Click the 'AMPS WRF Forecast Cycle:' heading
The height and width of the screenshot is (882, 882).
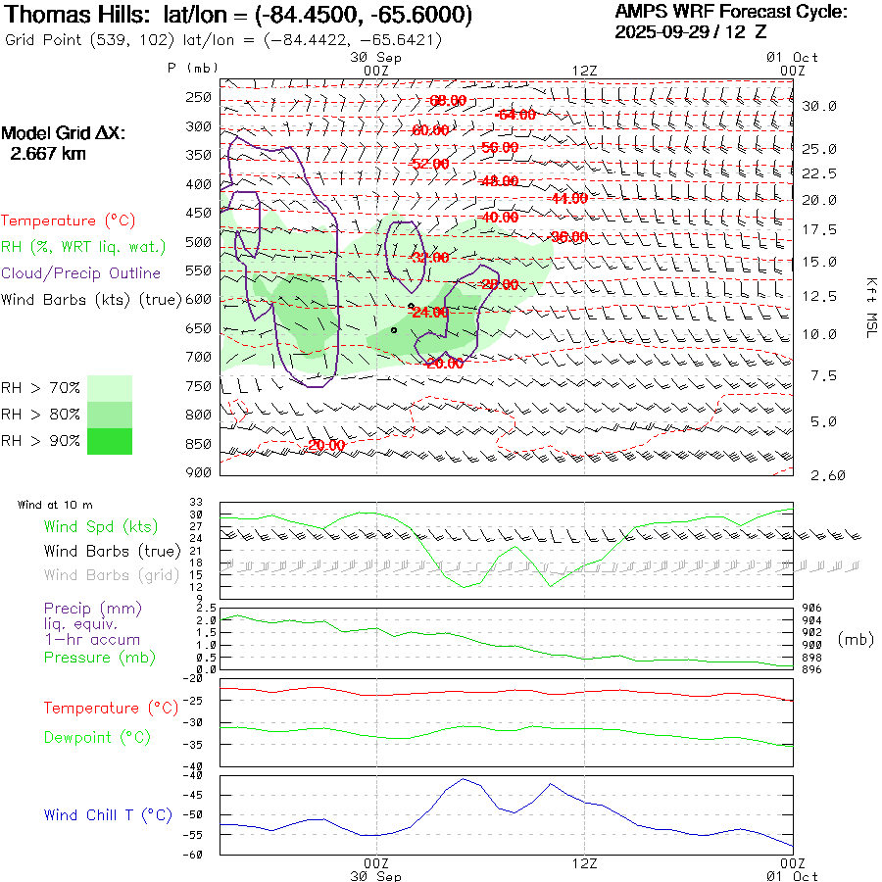(x=730, y=12)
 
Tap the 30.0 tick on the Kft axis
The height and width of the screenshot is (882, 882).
(x=819, y=106)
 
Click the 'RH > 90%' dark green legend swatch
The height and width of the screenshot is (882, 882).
(x=110, y=441)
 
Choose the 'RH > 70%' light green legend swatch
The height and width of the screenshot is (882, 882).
(x=110, y=387)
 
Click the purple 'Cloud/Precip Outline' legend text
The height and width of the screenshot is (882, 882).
(x=81, y=273)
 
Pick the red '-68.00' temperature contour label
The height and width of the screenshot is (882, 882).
(x=448, y=101)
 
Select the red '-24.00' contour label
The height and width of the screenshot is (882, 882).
(x=430, y=313)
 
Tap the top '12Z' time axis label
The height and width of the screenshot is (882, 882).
(x=584, y=71)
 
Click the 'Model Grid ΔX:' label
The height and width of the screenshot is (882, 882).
(x=64, y=133)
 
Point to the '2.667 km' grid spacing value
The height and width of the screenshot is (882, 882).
(x=48, y=154)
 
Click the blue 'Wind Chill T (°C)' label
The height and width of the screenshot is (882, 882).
(x=108, y=815)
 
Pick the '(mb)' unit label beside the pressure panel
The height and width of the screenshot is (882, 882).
(x=856, y=639)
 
